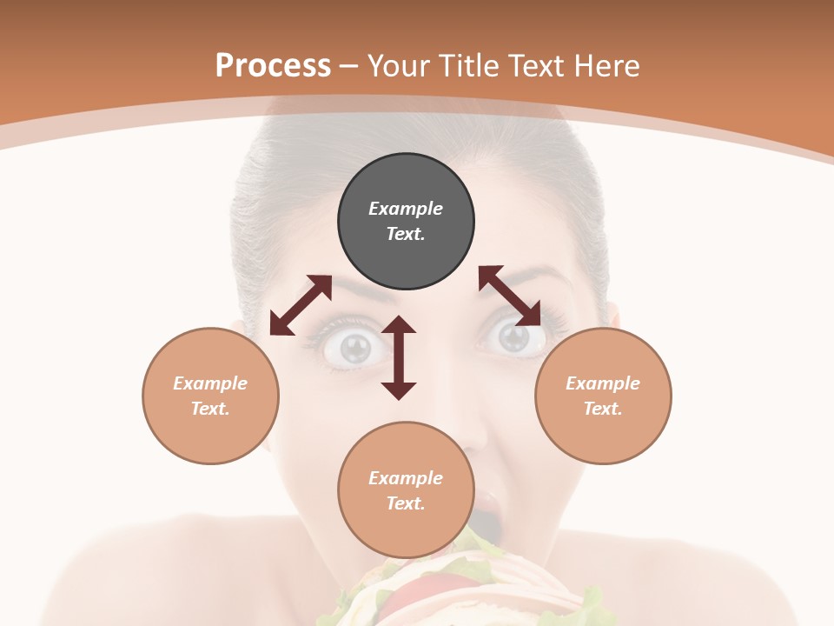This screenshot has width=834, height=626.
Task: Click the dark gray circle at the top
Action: (406, 221)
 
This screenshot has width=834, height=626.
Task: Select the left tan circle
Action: (210, 396)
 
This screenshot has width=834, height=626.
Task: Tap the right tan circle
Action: (603, 396)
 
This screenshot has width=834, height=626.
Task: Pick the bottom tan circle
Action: (406, 490)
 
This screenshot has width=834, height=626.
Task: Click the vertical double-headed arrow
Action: (399, 358)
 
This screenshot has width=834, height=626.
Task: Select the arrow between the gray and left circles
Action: (301, 305)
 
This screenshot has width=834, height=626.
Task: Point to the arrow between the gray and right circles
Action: (510, 296)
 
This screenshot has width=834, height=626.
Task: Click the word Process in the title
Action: (273, 65)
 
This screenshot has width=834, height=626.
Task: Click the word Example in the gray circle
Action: (406, 209)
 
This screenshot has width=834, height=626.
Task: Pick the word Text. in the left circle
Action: (210, 409)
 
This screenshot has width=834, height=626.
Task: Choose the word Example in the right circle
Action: (603, 383)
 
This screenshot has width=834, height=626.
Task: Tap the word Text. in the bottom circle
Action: (406, 503)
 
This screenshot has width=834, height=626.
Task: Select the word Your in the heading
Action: (397, 65)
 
